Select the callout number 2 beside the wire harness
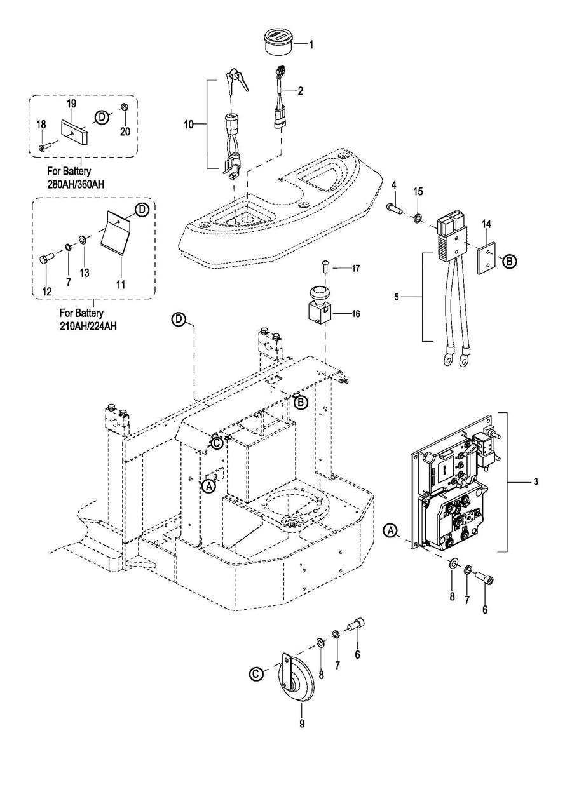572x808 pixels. click(x=300, y=91)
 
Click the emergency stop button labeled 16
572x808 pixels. click(x=318, y=304)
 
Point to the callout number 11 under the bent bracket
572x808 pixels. click(x=121, y=285)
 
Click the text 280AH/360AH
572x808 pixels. click(x=76, y=184)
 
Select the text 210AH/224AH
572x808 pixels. click(x=88, y=327)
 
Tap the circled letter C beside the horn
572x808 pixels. click(x=257, y=673)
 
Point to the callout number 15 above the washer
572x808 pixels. click(x=418, y=191)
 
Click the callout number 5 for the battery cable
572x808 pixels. click(x=397, y=297)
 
